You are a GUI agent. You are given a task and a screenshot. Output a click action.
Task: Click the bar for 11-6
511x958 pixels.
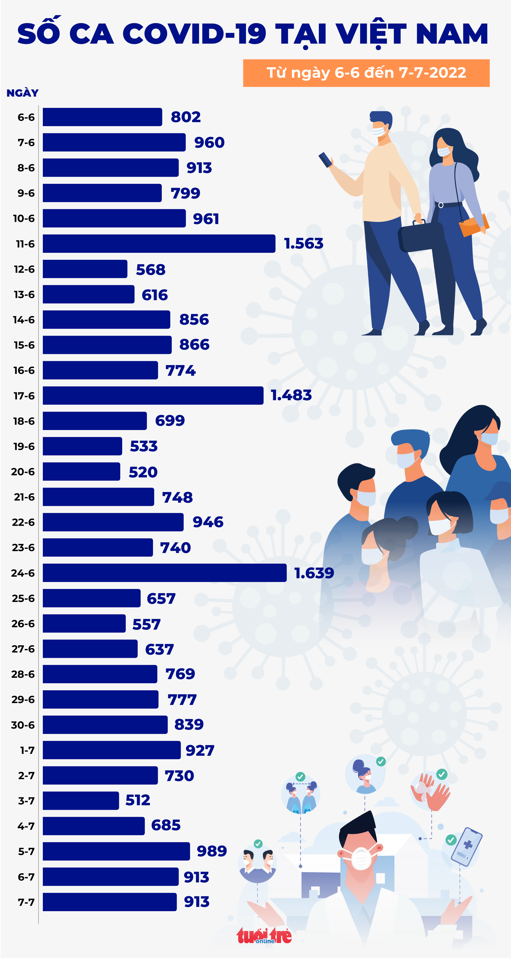pos(159,243)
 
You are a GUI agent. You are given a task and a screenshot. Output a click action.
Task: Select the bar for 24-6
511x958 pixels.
pos(164,573)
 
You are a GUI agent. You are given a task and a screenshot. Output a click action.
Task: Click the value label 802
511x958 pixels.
pos(186,117)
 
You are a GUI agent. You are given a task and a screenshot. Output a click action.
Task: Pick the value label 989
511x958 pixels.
pos(211,851)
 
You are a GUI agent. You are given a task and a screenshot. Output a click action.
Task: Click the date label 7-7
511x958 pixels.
pos(26,902)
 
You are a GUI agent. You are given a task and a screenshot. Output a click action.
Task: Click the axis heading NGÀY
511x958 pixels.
pos(22,93)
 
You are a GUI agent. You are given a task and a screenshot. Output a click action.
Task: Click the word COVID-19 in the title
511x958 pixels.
pos(194,34)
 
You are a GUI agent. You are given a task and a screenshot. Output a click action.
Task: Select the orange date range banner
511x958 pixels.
pos(366,73)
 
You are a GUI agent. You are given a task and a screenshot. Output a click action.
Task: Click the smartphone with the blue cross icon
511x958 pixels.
pos(466,845)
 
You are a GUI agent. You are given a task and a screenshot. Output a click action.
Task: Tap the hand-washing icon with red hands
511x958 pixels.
pos(430,791)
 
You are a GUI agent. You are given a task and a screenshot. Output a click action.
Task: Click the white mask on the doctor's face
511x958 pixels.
pos(360,858)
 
